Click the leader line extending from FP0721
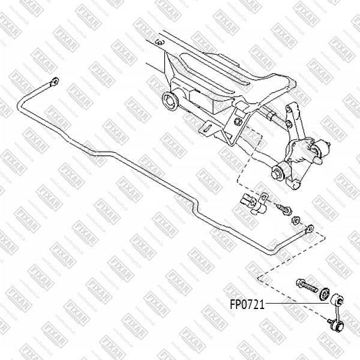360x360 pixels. click(300, 305)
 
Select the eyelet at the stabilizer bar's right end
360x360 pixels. click(310, 227)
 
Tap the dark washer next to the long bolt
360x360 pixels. click(324, 293)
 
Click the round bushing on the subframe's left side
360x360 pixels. click(170, 101)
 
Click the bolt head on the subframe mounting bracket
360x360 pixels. click(240, 122)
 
